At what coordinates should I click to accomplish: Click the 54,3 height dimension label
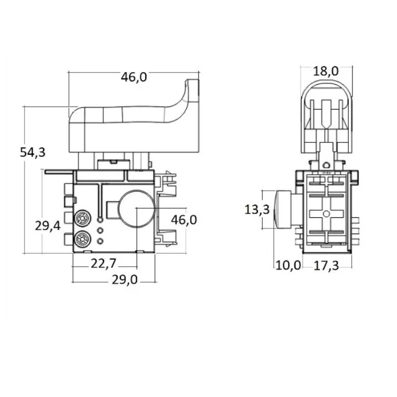[33, 152]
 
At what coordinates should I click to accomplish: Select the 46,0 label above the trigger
[134, 77]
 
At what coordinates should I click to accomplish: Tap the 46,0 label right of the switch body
[184, 220]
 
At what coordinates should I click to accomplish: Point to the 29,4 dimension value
[48, 226]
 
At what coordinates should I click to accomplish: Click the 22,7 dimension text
[104, 263]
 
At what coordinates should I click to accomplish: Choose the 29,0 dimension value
[125, 280]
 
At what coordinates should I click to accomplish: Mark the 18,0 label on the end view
[325, 71]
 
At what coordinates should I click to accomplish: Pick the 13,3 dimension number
[257, 210]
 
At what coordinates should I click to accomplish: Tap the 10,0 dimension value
[288, 266]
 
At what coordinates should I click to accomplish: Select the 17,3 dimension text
[326, 266]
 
